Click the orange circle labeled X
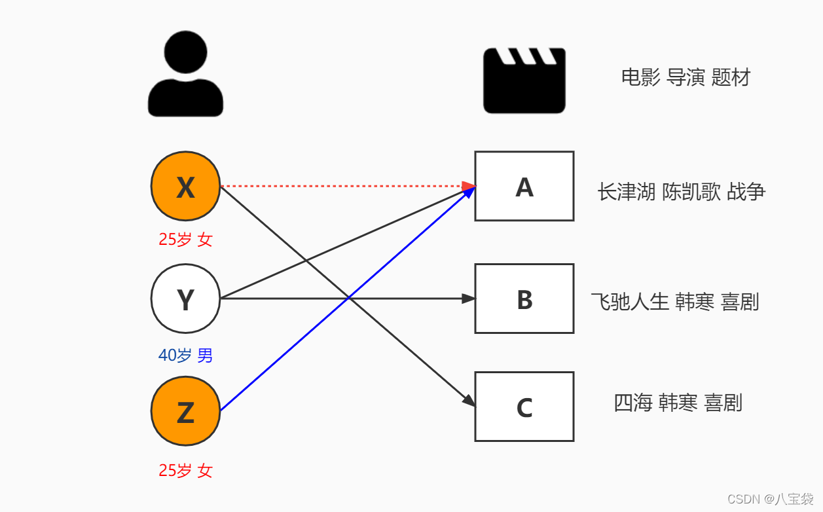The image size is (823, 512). pyautogui.click(x=185, y=187)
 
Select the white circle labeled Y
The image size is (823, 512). pyautogui.click(x=185, y=299)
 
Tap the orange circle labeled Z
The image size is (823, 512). pyautogui.click(x=185, y=412)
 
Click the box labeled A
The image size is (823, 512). pyautogui.click(x=524, y=187)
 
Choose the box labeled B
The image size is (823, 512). pyautogui.click(x=524, y=299)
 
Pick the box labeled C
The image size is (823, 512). pyautogui.click(x=524, y=407)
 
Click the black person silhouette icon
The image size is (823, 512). pyautogui.click(x=185, y=75)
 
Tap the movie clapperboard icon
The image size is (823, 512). pyautogui.click(x=524, y=81)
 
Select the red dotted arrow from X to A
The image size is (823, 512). pyautogui.click(x=340, y=187)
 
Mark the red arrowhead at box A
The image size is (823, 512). pyautogui.click(x=469, y=187)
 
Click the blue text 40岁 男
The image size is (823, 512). pyautogui.click(x=185, y=356)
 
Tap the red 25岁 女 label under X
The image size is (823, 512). pyautogui.click(x=185, y=240)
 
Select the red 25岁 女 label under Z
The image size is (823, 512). pyautogui.click(x=185, y=471)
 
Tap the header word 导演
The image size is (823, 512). pyautogui.click(x=686, y=78)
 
